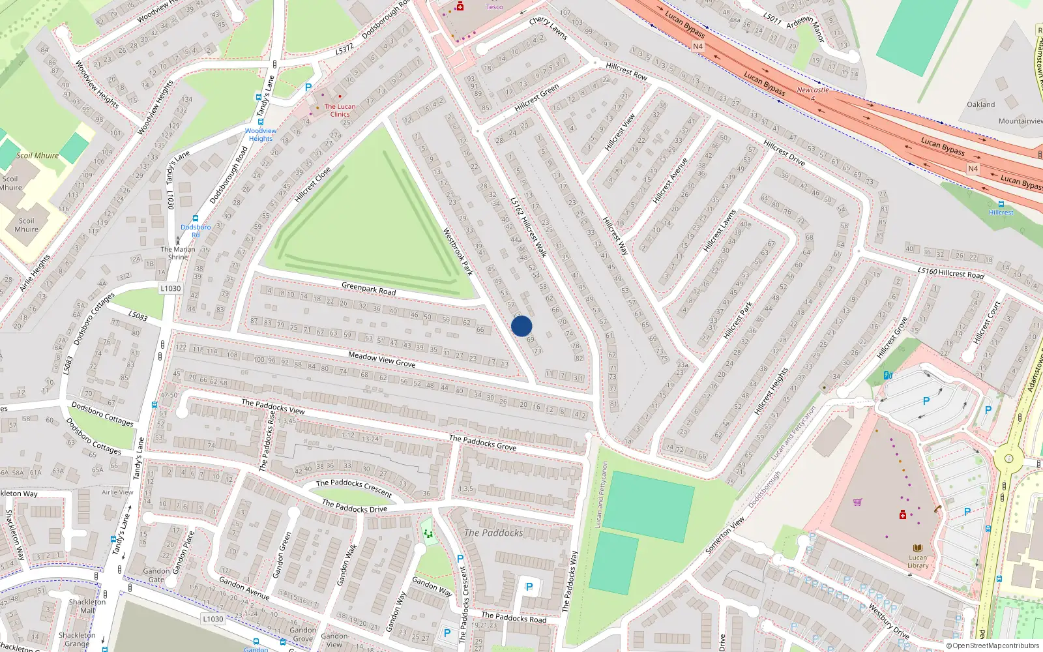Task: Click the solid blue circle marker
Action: [521, 326]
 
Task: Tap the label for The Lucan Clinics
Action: [340, 110]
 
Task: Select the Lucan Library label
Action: [918, 561]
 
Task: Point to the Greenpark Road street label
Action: [369, 288]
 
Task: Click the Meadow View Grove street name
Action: [381, 359]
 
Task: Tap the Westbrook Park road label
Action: [458, 251]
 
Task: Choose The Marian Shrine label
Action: [178, 253]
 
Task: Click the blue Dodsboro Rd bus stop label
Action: [196, 231]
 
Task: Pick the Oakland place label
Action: [980, 104]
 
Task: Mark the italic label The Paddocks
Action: [493, 533]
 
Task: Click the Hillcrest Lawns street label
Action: [720, 231]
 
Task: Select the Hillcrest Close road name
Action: [313, 185]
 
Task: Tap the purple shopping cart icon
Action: [857, 502]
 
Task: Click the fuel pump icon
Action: [887, 375]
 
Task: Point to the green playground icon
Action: [428, 534]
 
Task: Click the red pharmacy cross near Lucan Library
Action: [903, 515]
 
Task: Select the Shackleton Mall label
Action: [87, 606]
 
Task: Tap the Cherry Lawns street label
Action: [548, 28]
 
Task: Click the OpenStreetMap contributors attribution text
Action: [992, 646]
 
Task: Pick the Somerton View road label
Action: [725, 535]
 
